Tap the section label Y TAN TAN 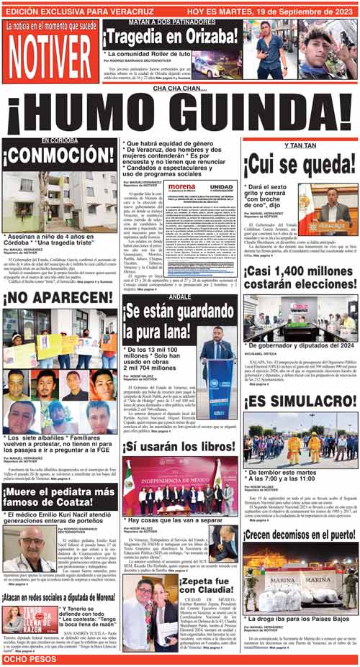pyautogui.click(x=300, y=146)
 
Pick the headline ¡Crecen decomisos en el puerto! pyautogui.click(x=300, y=534)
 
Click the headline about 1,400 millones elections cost pyautogui.click(x=300, y=283)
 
